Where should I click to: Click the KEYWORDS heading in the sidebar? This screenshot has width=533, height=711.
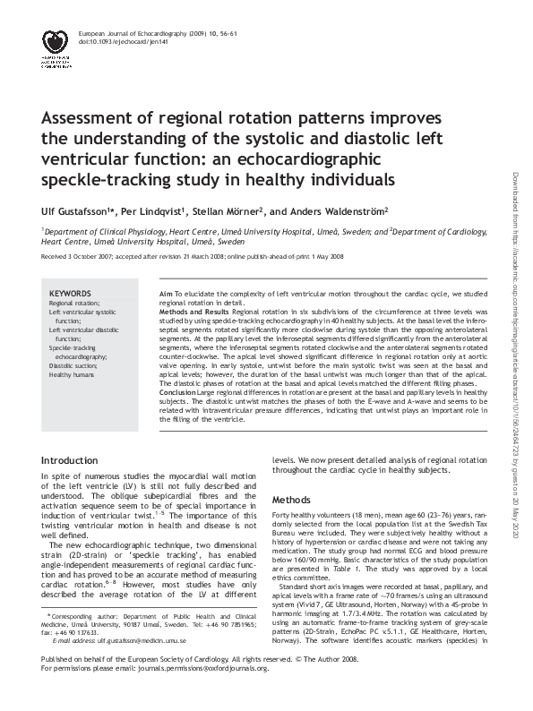coord(70,294)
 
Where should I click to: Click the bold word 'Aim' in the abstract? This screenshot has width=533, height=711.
coord(165,294)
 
